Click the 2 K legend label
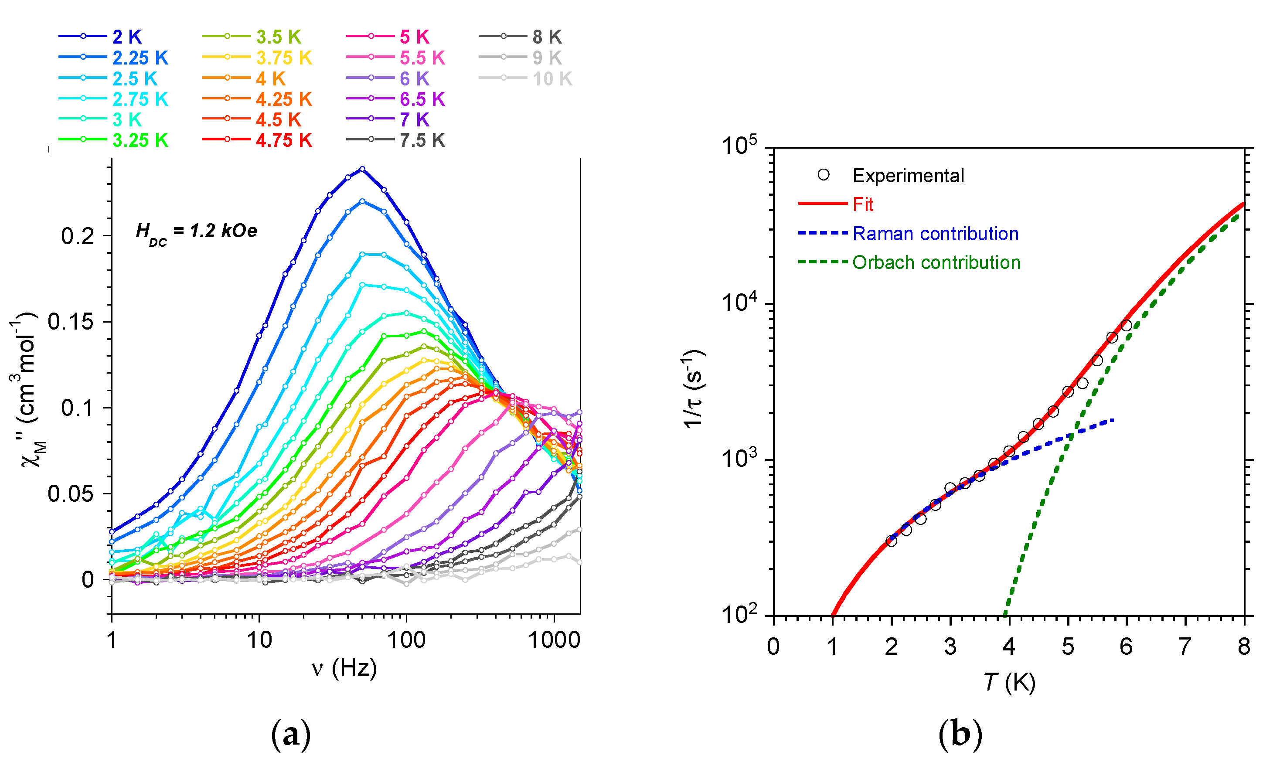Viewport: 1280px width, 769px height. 126,37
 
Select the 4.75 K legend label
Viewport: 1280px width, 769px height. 283,140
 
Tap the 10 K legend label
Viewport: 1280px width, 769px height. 552,79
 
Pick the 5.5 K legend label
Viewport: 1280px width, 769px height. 422,58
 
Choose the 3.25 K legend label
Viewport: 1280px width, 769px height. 140,140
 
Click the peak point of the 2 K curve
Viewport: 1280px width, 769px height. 362,169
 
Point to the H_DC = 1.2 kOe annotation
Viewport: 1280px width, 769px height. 196,231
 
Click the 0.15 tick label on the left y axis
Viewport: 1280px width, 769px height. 71,322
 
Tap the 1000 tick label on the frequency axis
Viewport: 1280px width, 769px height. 554,640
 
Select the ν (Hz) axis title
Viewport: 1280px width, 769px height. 344,668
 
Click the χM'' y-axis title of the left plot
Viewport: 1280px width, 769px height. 26,389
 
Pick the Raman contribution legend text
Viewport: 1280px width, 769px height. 936,234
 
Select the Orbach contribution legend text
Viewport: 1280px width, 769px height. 936,263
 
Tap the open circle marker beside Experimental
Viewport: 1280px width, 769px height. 824,175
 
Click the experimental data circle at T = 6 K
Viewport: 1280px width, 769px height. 1126,325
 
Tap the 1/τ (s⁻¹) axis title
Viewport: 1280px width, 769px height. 693,389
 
